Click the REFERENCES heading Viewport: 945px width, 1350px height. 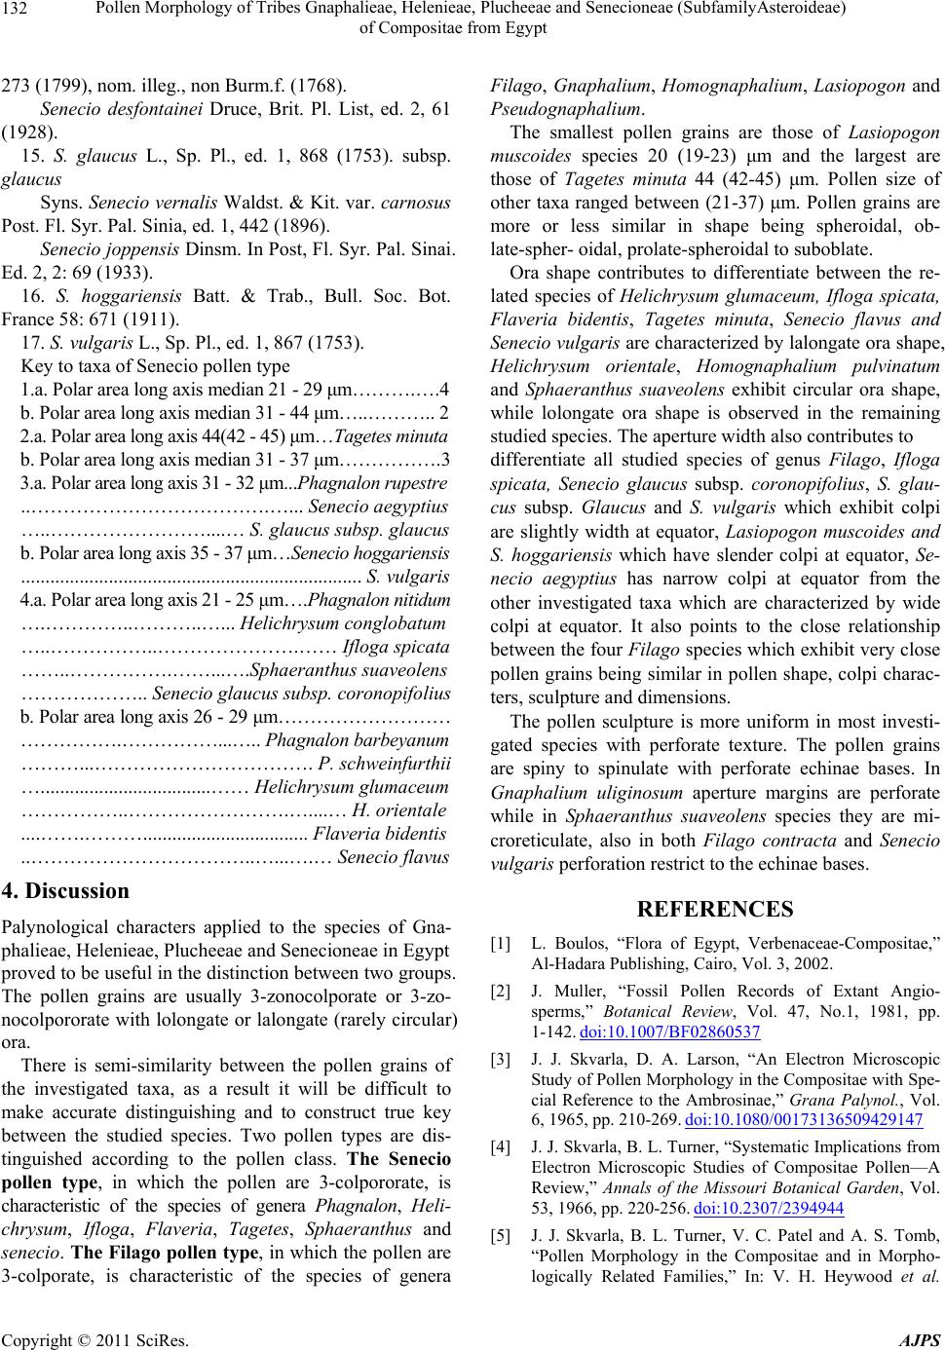click(x=716, y=910)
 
